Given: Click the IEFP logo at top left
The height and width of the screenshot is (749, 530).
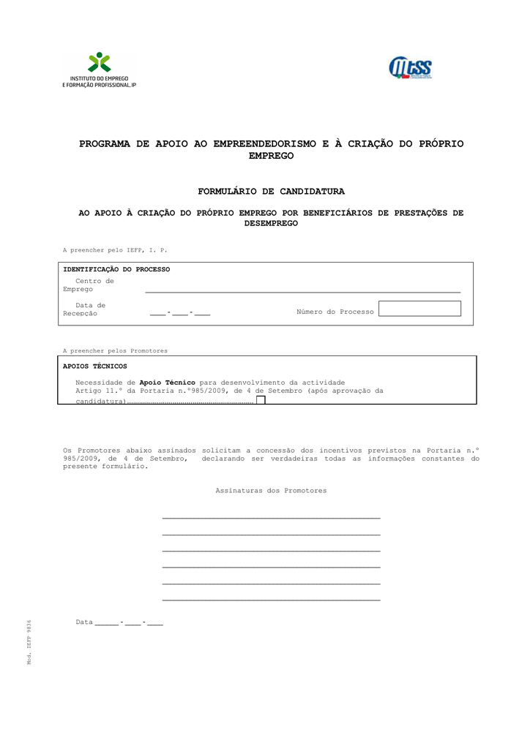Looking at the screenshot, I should (99, 70).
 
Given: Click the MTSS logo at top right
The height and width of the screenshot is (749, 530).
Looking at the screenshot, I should (411, 68).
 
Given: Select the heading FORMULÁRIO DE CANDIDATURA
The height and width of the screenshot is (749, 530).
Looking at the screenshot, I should (271, 192).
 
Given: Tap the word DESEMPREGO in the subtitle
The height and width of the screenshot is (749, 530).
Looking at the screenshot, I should (271, 223).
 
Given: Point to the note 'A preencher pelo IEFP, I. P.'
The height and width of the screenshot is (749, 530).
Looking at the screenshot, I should (115, 250).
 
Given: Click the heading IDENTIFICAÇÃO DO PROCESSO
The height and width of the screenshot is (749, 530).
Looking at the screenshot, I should (116, 269).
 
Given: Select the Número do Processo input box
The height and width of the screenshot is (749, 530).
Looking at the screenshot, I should (420, 309).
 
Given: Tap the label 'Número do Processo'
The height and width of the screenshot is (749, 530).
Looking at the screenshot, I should (335, 312).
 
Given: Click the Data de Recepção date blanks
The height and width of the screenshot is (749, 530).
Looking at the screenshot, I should (180, 313).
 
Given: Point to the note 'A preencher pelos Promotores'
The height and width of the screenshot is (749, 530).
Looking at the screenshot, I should (115, 351).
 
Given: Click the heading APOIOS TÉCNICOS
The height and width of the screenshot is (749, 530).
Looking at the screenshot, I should (95, 366).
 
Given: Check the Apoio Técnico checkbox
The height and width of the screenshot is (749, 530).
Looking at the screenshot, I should (261, 400).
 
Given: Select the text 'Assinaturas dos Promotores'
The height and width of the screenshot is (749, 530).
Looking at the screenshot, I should (271, 491).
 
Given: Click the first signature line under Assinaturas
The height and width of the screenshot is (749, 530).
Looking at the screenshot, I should (271, 517).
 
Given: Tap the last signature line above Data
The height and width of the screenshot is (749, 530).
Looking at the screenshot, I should (271, 600).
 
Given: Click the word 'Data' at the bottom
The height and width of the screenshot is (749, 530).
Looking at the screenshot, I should (84, 622).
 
